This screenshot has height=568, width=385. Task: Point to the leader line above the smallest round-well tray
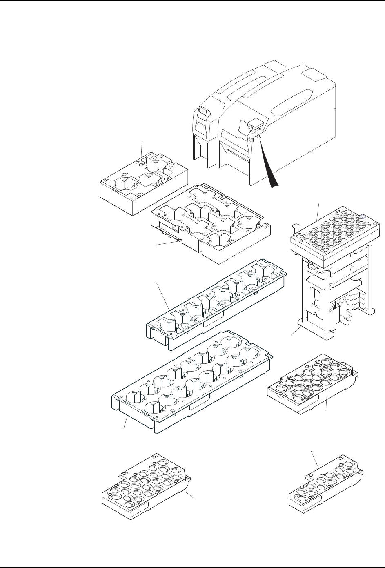point(314,459)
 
